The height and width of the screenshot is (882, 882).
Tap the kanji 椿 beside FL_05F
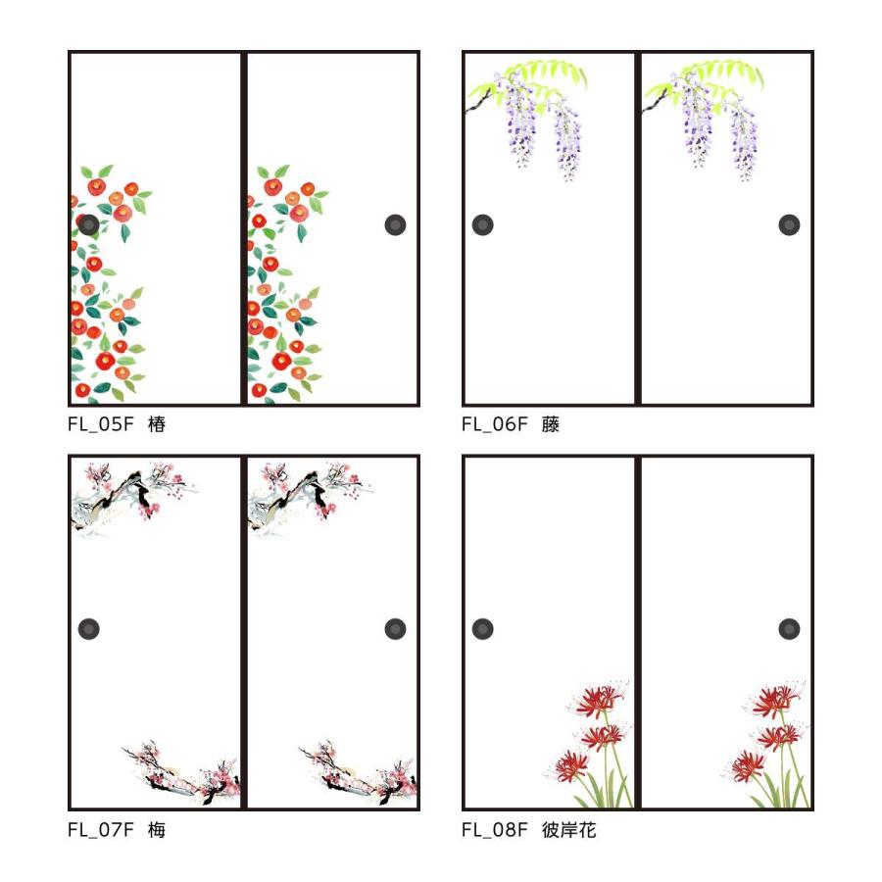point(158,425)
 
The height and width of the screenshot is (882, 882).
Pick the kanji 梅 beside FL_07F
point(158,830)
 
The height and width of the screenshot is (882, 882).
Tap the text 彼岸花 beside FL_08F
point(569,830)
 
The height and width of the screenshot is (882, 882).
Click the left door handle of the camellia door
point(89,224)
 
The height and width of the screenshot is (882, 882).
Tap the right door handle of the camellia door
point(396,224)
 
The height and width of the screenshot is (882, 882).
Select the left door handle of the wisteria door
point(483,224)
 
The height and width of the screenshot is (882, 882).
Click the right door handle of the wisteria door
point(790,224)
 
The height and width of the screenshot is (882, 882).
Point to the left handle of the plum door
point(89,629)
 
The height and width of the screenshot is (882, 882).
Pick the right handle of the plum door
point(396,629)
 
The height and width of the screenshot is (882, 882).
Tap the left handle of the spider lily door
point(483,629)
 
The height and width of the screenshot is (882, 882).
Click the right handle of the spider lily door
point(790,629)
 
